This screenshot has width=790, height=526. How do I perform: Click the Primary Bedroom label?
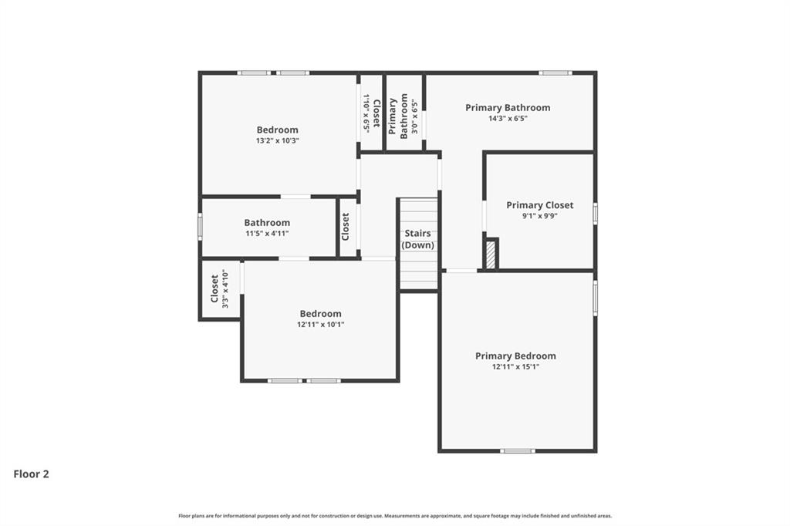[515, 356]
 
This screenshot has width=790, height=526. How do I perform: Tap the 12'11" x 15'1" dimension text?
[515, 367]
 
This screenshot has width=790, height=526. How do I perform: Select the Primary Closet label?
[539, 205]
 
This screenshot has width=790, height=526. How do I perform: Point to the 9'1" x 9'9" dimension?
[539, 217]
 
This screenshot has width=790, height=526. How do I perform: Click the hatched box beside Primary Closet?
[490, 255]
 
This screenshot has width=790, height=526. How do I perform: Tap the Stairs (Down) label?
[418, 239]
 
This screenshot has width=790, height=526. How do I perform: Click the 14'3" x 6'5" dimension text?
[508, 119]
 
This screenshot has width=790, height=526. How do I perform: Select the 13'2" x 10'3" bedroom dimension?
[277, 141]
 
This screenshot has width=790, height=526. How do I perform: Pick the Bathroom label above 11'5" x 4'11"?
[267, 222]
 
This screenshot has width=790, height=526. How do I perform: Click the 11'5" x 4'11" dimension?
[267, 233]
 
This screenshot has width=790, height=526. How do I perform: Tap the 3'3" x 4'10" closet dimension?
[225, 289]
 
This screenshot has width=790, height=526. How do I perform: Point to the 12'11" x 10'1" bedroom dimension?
[320, 325]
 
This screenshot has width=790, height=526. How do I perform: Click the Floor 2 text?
[31, 474]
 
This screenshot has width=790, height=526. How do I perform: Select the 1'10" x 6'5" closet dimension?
[366, 113]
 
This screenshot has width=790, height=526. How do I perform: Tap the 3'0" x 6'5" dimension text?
[414, 116]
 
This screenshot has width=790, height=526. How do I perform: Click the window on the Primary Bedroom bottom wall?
[517, 450]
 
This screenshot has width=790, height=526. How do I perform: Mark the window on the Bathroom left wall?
[200, 227]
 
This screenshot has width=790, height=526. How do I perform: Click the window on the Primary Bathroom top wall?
[555, 72]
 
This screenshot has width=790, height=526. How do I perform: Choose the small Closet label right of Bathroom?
[346, 227]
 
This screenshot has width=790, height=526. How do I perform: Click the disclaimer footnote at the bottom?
[394, 516]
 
